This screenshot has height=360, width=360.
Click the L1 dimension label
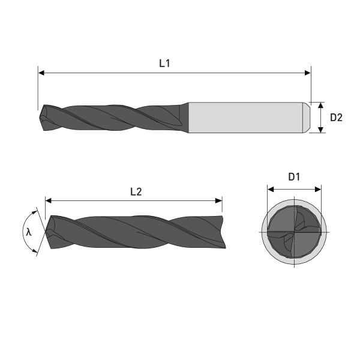164,62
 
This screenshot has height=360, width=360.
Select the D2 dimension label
336,118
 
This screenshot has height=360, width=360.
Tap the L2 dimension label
136,191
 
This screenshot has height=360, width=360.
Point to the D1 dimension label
294,177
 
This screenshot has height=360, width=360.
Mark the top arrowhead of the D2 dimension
321,106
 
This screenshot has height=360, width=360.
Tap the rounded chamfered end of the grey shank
305,117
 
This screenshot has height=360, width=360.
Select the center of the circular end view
294,232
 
